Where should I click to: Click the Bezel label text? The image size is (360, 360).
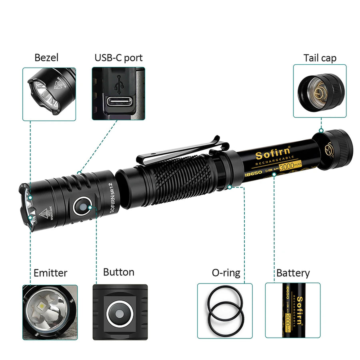pos(46,58)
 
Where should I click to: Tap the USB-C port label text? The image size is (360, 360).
pos(118,58)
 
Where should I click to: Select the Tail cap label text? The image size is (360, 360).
pos(320,58)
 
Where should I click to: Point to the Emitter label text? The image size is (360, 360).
pos(50,273)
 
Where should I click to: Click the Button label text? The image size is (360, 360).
pos(118,272)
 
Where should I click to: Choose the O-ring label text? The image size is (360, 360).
pos(226,273)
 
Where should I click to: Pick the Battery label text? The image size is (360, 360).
pos(293,273)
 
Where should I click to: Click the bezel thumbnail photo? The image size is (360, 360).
pos(49,94)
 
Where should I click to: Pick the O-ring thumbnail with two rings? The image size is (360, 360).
pos(225,311)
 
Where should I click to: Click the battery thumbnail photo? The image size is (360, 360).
pos(293,311)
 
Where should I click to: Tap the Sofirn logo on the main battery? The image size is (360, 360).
pos(270,154)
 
